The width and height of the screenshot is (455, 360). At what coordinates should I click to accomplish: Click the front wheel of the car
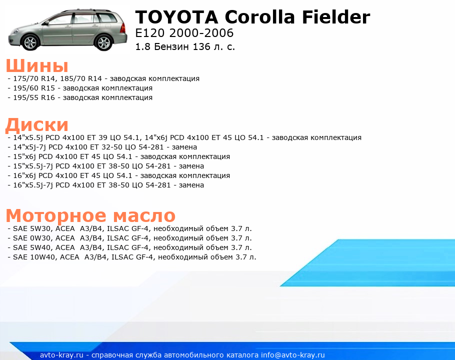coord(30,42)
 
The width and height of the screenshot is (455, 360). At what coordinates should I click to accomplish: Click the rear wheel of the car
coord(104,42)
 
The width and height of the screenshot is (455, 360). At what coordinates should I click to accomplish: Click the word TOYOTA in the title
coord(176,17)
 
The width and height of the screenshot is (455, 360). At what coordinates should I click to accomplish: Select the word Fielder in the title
coord(336,16)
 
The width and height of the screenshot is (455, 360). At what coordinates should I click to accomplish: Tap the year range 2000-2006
coord(201,33)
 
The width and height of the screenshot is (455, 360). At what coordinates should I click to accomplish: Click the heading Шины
coord(37,65)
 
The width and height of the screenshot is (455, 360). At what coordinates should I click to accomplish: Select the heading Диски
coord(37,124)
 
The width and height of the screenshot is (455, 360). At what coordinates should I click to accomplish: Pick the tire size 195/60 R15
coord(34,88)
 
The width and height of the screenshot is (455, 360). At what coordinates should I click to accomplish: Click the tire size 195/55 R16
coord(34,98)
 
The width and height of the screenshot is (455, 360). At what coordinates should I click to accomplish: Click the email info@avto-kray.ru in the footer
coord(293,355)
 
